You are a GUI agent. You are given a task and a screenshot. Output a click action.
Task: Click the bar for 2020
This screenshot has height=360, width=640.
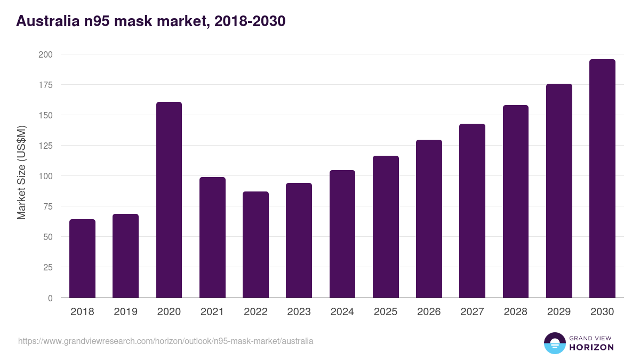[x=169, y=200]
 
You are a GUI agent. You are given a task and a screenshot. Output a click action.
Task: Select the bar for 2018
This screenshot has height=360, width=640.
[x=82, y=259]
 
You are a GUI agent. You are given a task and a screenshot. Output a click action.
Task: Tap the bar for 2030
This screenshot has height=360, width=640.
[x=602, y=179]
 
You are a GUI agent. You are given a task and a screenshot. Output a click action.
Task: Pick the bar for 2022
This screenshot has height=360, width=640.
[x=255, y=245]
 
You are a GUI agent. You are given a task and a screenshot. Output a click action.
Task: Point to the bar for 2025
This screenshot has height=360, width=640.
[x=386, y=227]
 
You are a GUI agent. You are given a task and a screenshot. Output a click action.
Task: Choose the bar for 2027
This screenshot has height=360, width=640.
[x=472, y=211]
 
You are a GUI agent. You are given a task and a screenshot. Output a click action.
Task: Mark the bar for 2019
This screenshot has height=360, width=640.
[x=125, y=256]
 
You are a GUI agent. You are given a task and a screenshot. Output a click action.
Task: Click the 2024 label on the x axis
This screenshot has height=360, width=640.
[x=342, y=312]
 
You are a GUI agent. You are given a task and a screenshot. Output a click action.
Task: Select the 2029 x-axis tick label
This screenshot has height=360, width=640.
[x=559, y=312]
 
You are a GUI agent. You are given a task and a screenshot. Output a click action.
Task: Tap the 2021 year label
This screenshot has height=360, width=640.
[x=212, y=312]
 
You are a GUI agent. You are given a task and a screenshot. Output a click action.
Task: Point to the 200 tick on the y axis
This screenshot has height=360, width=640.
[x=45, y=54]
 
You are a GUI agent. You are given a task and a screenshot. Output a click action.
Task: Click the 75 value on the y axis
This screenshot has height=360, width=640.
[x=47, y=206]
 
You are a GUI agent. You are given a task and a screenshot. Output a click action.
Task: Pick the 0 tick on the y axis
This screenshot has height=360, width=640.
[x=50, y=298]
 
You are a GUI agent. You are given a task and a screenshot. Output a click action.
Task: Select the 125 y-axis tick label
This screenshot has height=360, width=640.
[x=45, y=146]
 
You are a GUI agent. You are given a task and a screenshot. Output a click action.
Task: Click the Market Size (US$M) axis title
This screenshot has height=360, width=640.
[x=21, y=172]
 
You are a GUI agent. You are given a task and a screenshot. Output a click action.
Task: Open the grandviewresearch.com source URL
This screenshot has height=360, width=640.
[x=166, y=341]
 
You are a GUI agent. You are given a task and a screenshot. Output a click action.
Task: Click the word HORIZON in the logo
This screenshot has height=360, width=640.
[x=591, y=347]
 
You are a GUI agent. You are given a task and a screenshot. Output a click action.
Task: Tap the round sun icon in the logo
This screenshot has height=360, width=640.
[x=555, y=343]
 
